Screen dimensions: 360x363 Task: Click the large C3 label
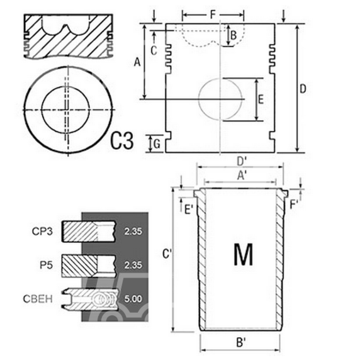coord(122,140)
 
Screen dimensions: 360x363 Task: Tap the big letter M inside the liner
coord(243,254)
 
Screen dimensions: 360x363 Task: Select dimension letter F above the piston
coord(213,15)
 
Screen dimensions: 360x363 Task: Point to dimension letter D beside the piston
coord(303,89)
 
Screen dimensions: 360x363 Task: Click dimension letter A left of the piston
coord(137,62)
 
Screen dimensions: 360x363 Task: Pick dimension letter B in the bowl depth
coord(233,35)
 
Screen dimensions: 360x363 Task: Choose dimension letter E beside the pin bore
coord(261,99)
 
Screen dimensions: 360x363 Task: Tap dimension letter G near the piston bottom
coord(157,144)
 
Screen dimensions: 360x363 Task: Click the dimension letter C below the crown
coord(154,51)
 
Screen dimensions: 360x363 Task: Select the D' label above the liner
coord(242,162)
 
